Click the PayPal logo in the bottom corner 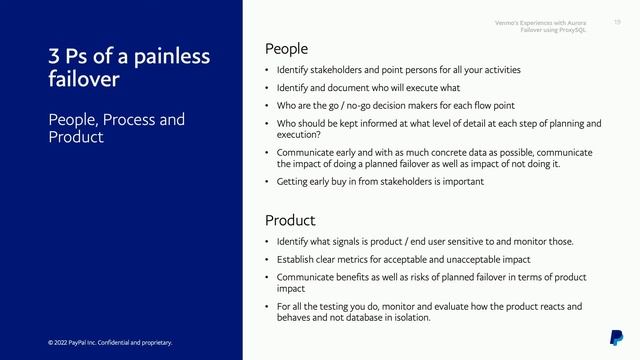tap(616, 337)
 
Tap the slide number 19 tap(617, 21)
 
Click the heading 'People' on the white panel tap(286, 48)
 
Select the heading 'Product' tap(290, 220)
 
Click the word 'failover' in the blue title tap(84, 79)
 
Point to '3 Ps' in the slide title tap(69, 55)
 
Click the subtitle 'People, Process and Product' tap(116, 128)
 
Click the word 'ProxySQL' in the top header tap(571, 30)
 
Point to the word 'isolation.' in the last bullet tap(410, 317)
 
